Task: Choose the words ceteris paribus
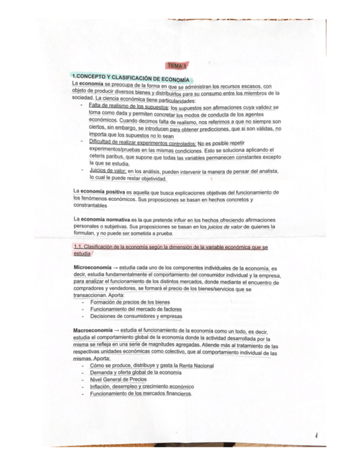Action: point(107,156)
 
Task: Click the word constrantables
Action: point(92,205)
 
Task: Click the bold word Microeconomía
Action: point(93,267)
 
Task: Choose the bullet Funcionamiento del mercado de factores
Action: point(136,309)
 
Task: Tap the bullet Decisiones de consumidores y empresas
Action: point(136,317)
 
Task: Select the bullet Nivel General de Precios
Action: point(118,380)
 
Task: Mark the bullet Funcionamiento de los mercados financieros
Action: point(141,394)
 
